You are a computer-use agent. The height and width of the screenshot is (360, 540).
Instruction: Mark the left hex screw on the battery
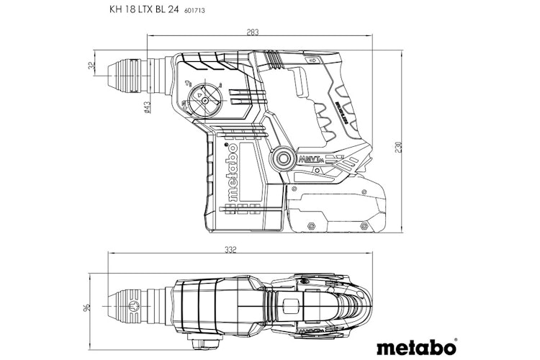coord(312,225)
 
